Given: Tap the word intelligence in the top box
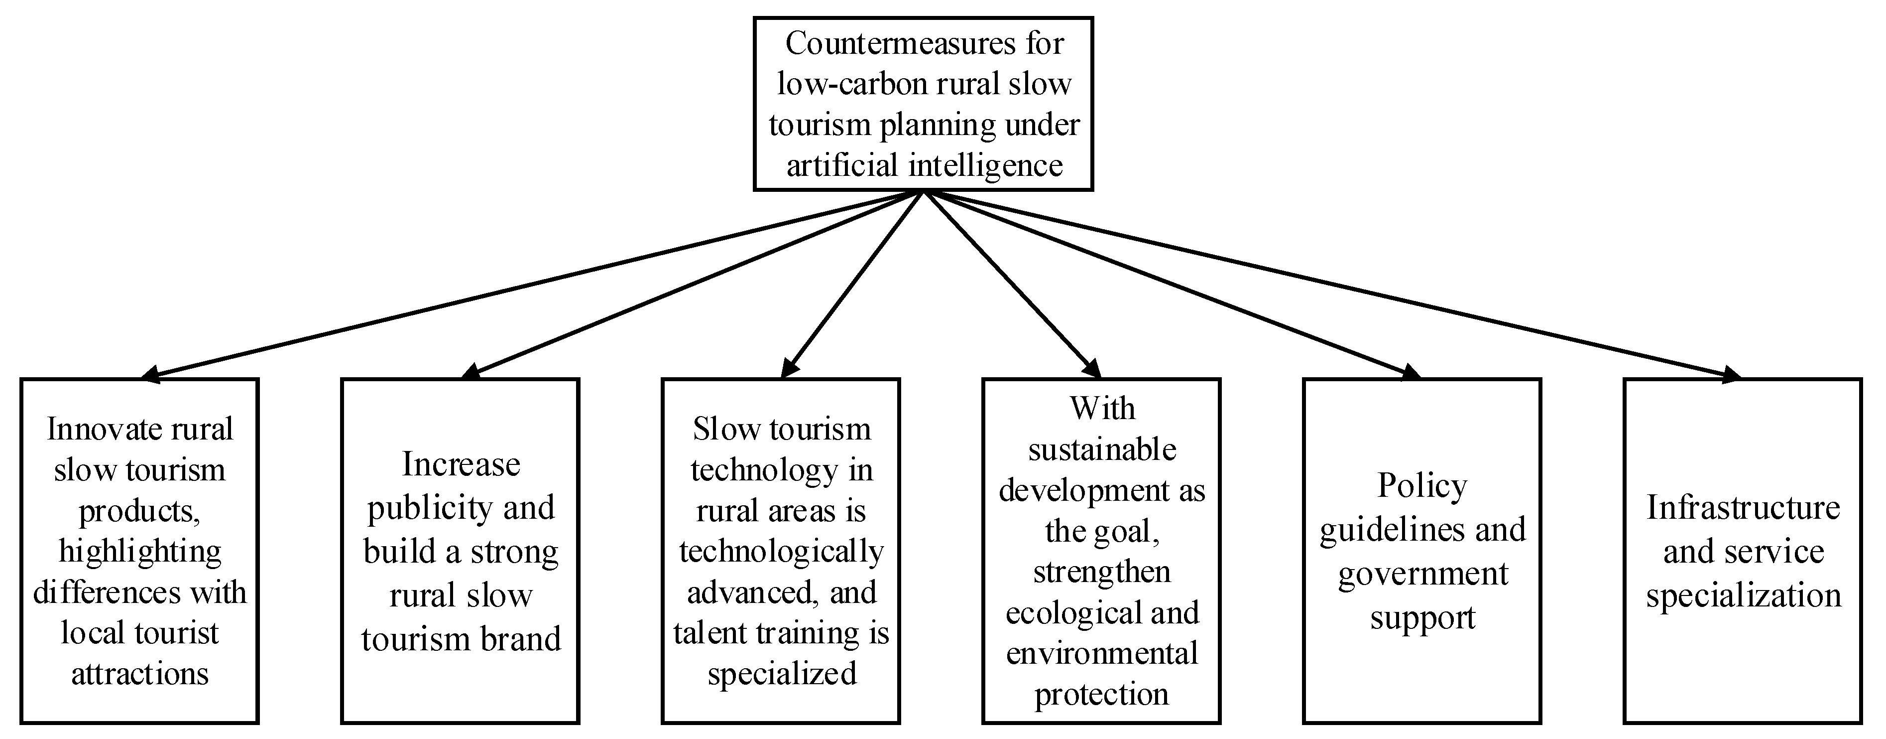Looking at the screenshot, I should click(985, 165).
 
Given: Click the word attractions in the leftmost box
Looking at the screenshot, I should click(140, 674).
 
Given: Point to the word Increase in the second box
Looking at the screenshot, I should click(461, 464).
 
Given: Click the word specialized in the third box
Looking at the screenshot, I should click(782, 674).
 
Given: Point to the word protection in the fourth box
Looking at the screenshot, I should click(1102, 694).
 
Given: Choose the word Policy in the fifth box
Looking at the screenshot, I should click(1422, 485).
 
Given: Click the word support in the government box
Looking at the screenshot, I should click(1422, 618).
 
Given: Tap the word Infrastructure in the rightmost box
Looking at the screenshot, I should click(1743, 508).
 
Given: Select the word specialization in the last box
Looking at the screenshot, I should click(1743, 595).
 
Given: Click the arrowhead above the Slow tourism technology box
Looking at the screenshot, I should click(788, 369).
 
